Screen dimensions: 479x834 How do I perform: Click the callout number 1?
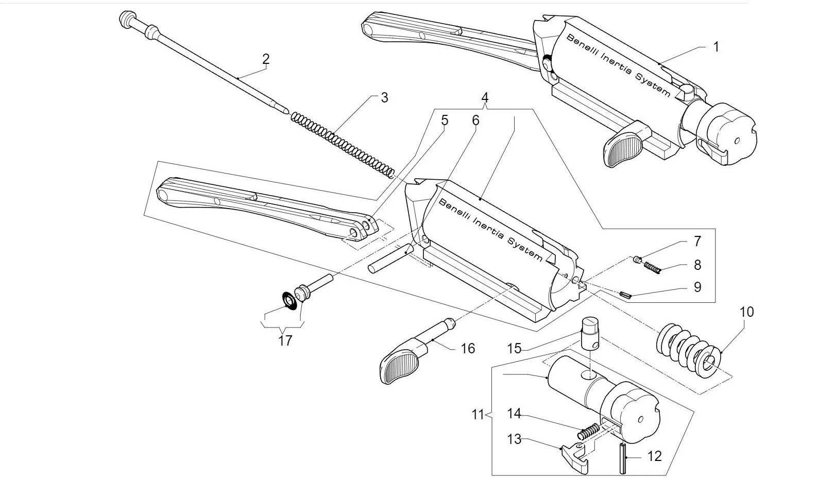click(x=716, y=47)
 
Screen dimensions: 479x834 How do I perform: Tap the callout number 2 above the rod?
click(x=265, y=59)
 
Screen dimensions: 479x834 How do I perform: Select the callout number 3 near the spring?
click(x=384, y=97)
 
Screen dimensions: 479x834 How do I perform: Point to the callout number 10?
click(x=746, y=312)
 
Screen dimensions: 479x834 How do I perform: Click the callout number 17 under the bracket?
click(x=285, y=340)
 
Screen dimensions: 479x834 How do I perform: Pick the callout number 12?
click(x=654, y=456)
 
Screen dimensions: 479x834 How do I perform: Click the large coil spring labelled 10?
click(x=688, y=348)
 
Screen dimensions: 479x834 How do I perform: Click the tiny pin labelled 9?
click(x=626, y=295)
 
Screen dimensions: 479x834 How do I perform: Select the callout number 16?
click(x=467, y=349)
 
